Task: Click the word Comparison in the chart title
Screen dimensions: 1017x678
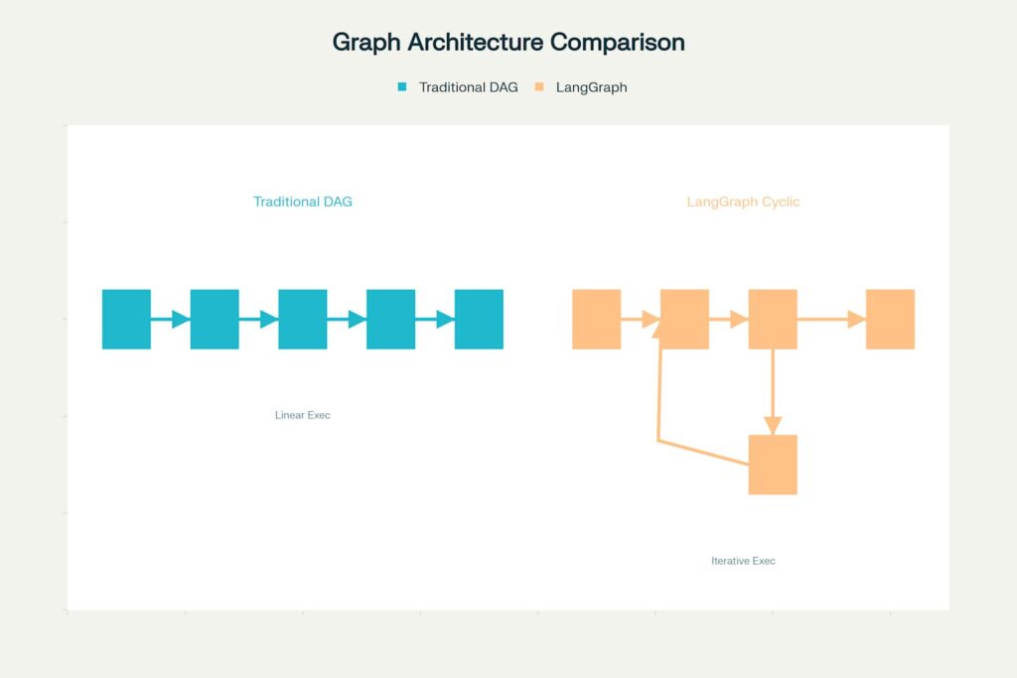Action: (x=617, y=43)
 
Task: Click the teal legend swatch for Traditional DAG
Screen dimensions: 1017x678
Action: (x=402, y=86)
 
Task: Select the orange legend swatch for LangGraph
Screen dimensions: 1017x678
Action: (x=539, y=86)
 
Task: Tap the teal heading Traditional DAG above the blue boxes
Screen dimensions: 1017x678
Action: (x=303, y=202)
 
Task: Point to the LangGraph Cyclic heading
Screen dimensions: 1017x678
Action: (x=743, y=202)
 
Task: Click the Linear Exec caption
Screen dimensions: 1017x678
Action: (x=303, y=415)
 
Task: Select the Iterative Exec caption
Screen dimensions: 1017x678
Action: (x=743, y=561)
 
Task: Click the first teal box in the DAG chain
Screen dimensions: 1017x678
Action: (x=126, y=319)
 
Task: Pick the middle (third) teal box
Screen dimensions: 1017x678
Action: (x=303, y=319)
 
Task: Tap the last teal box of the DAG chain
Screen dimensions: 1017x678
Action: (x=480, y=319)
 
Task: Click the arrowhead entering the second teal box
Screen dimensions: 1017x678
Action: (x=181, y=319)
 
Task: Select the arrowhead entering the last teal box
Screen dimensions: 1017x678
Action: (x=446, y=319)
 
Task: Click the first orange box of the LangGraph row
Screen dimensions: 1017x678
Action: (x=597, y=319)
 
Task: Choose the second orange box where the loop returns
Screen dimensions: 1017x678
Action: (x=685, y=319)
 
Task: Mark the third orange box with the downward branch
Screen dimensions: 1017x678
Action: (x=773, y=319)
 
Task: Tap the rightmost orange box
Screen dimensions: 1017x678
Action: (x=891, y=319)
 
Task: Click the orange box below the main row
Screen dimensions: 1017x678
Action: (x=773, y=465)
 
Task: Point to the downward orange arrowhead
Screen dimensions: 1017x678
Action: (x=773, y=425)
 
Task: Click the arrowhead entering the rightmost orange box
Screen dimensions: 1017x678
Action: (x=857, y=319)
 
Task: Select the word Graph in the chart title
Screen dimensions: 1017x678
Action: (x=366, y=43)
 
